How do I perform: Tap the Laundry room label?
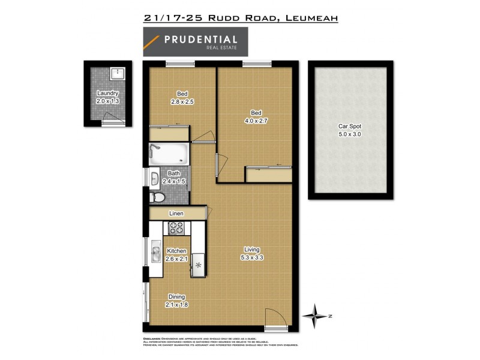point(107,97)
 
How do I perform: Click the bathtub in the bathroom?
point(169,155)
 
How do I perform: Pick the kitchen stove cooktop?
point(176,227)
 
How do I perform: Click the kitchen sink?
point(154,254)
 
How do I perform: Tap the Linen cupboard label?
point(176,214)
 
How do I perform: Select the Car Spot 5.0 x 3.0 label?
point(349,131)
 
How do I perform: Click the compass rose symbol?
point(317,313)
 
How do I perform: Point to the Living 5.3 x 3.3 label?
point(251,253)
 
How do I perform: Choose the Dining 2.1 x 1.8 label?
point(176,301)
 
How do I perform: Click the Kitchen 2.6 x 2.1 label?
point(176,254)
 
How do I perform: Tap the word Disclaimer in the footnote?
point(154,339)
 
